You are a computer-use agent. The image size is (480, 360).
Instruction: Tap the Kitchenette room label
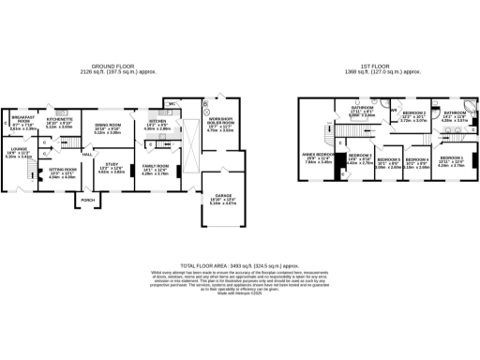[x=60, y=123]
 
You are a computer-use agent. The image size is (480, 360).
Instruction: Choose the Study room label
[x=111, y=168]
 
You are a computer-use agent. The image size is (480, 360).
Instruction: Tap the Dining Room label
[x=109, y=126]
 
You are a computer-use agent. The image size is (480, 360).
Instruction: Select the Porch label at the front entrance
[x=88, y=200]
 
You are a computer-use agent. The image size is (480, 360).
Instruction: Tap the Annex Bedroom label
[x=317, y=156]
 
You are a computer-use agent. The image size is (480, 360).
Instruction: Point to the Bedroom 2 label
[x=413, y=115]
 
